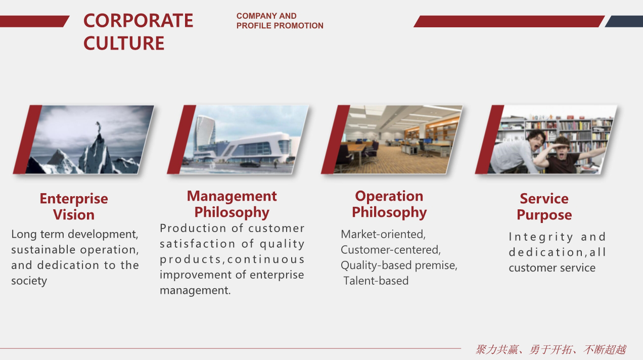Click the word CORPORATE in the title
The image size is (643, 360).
click(138, 21)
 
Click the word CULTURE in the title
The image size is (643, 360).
click(124, 43)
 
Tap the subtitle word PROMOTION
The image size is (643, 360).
click(299, 26)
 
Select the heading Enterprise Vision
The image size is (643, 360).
click(74, 207)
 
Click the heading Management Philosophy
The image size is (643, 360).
click(232, 204)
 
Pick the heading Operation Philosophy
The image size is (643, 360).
click(389, 204)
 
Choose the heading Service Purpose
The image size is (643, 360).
click(544, 207)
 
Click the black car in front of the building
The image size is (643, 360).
click(250, 164)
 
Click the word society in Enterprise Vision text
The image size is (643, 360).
click(29, 281)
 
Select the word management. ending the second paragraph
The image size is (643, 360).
click(195, 291)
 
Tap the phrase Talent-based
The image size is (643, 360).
click(376, 281)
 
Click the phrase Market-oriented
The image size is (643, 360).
click(383, 234)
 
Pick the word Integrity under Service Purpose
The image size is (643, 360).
click(541, 237)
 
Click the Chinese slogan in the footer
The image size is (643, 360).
click(551, 350)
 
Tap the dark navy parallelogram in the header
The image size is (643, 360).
click(624, 22)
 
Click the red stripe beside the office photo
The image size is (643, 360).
click(335, 140)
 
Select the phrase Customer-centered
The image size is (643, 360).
click(391, 250)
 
